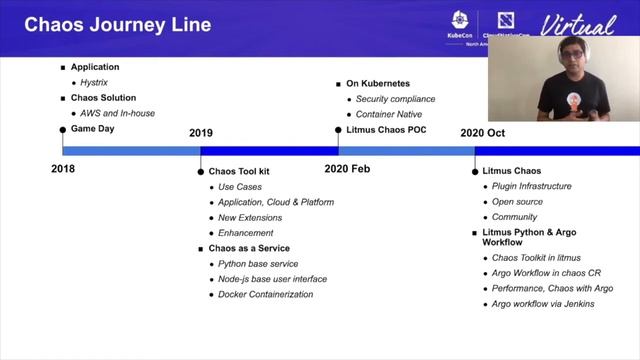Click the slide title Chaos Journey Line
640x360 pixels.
117,25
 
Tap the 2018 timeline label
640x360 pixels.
63,168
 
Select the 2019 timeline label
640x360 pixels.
201,132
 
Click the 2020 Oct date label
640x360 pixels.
483,132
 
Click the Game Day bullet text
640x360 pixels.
94,130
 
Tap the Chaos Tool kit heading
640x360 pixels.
241,171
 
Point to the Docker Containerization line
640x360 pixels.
266,294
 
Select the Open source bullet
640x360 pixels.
519,201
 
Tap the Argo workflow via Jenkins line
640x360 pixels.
544,304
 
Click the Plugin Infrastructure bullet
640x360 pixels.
532,186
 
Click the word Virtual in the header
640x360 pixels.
577,25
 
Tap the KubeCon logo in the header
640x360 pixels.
460,24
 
